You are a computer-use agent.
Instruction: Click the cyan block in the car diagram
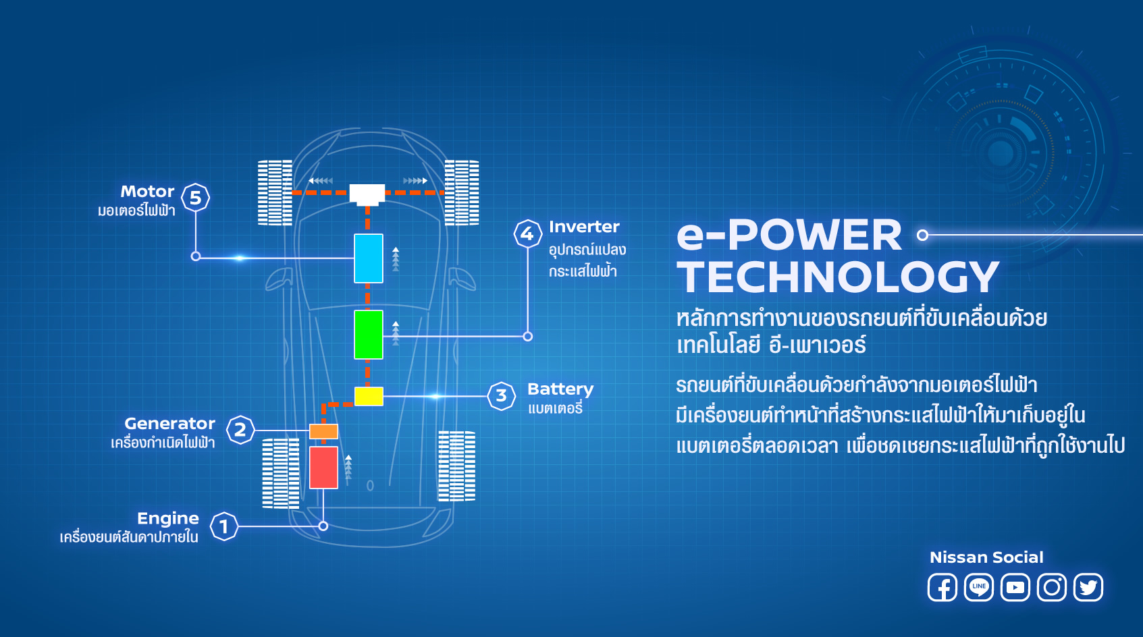tap(369, 258)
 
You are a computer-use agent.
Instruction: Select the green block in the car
tap(369, 335)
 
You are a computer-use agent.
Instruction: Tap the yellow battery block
tap(369, 396)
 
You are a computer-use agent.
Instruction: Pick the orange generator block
tap(323, 431)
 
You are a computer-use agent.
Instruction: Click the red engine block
tap(323, 467)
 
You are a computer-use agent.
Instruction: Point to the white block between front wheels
tap(367, 194)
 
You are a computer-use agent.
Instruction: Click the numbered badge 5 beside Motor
tap(196, 198)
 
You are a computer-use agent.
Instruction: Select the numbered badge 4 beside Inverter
tap(527, 233)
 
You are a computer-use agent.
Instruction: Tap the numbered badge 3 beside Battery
tap(502, 395)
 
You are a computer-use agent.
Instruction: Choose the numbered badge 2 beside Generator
tap(240, 430)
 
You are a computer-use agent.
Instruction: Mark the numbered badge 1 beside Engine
tap(224, 526)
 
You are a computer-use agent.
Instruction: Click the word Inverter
tap(584, 227)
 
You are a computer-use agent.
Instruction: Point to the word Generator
tap(169, 423)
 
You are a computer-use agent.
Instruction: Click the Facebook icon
tap(942, 587)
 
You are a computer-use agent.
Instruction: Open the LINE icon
tap(979, 587)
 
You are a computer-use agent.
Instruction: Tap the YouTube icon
tap(1015, 587)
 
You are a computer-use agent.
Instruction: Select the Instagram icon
tap(1052, 587)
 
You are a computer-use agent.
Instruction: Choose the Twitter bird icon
tap(1088, 587)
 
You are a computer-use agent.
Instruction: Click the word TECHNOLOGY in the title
tap(838, 277)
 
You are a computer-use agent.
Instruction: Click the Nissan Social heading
tap(986, 557)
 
